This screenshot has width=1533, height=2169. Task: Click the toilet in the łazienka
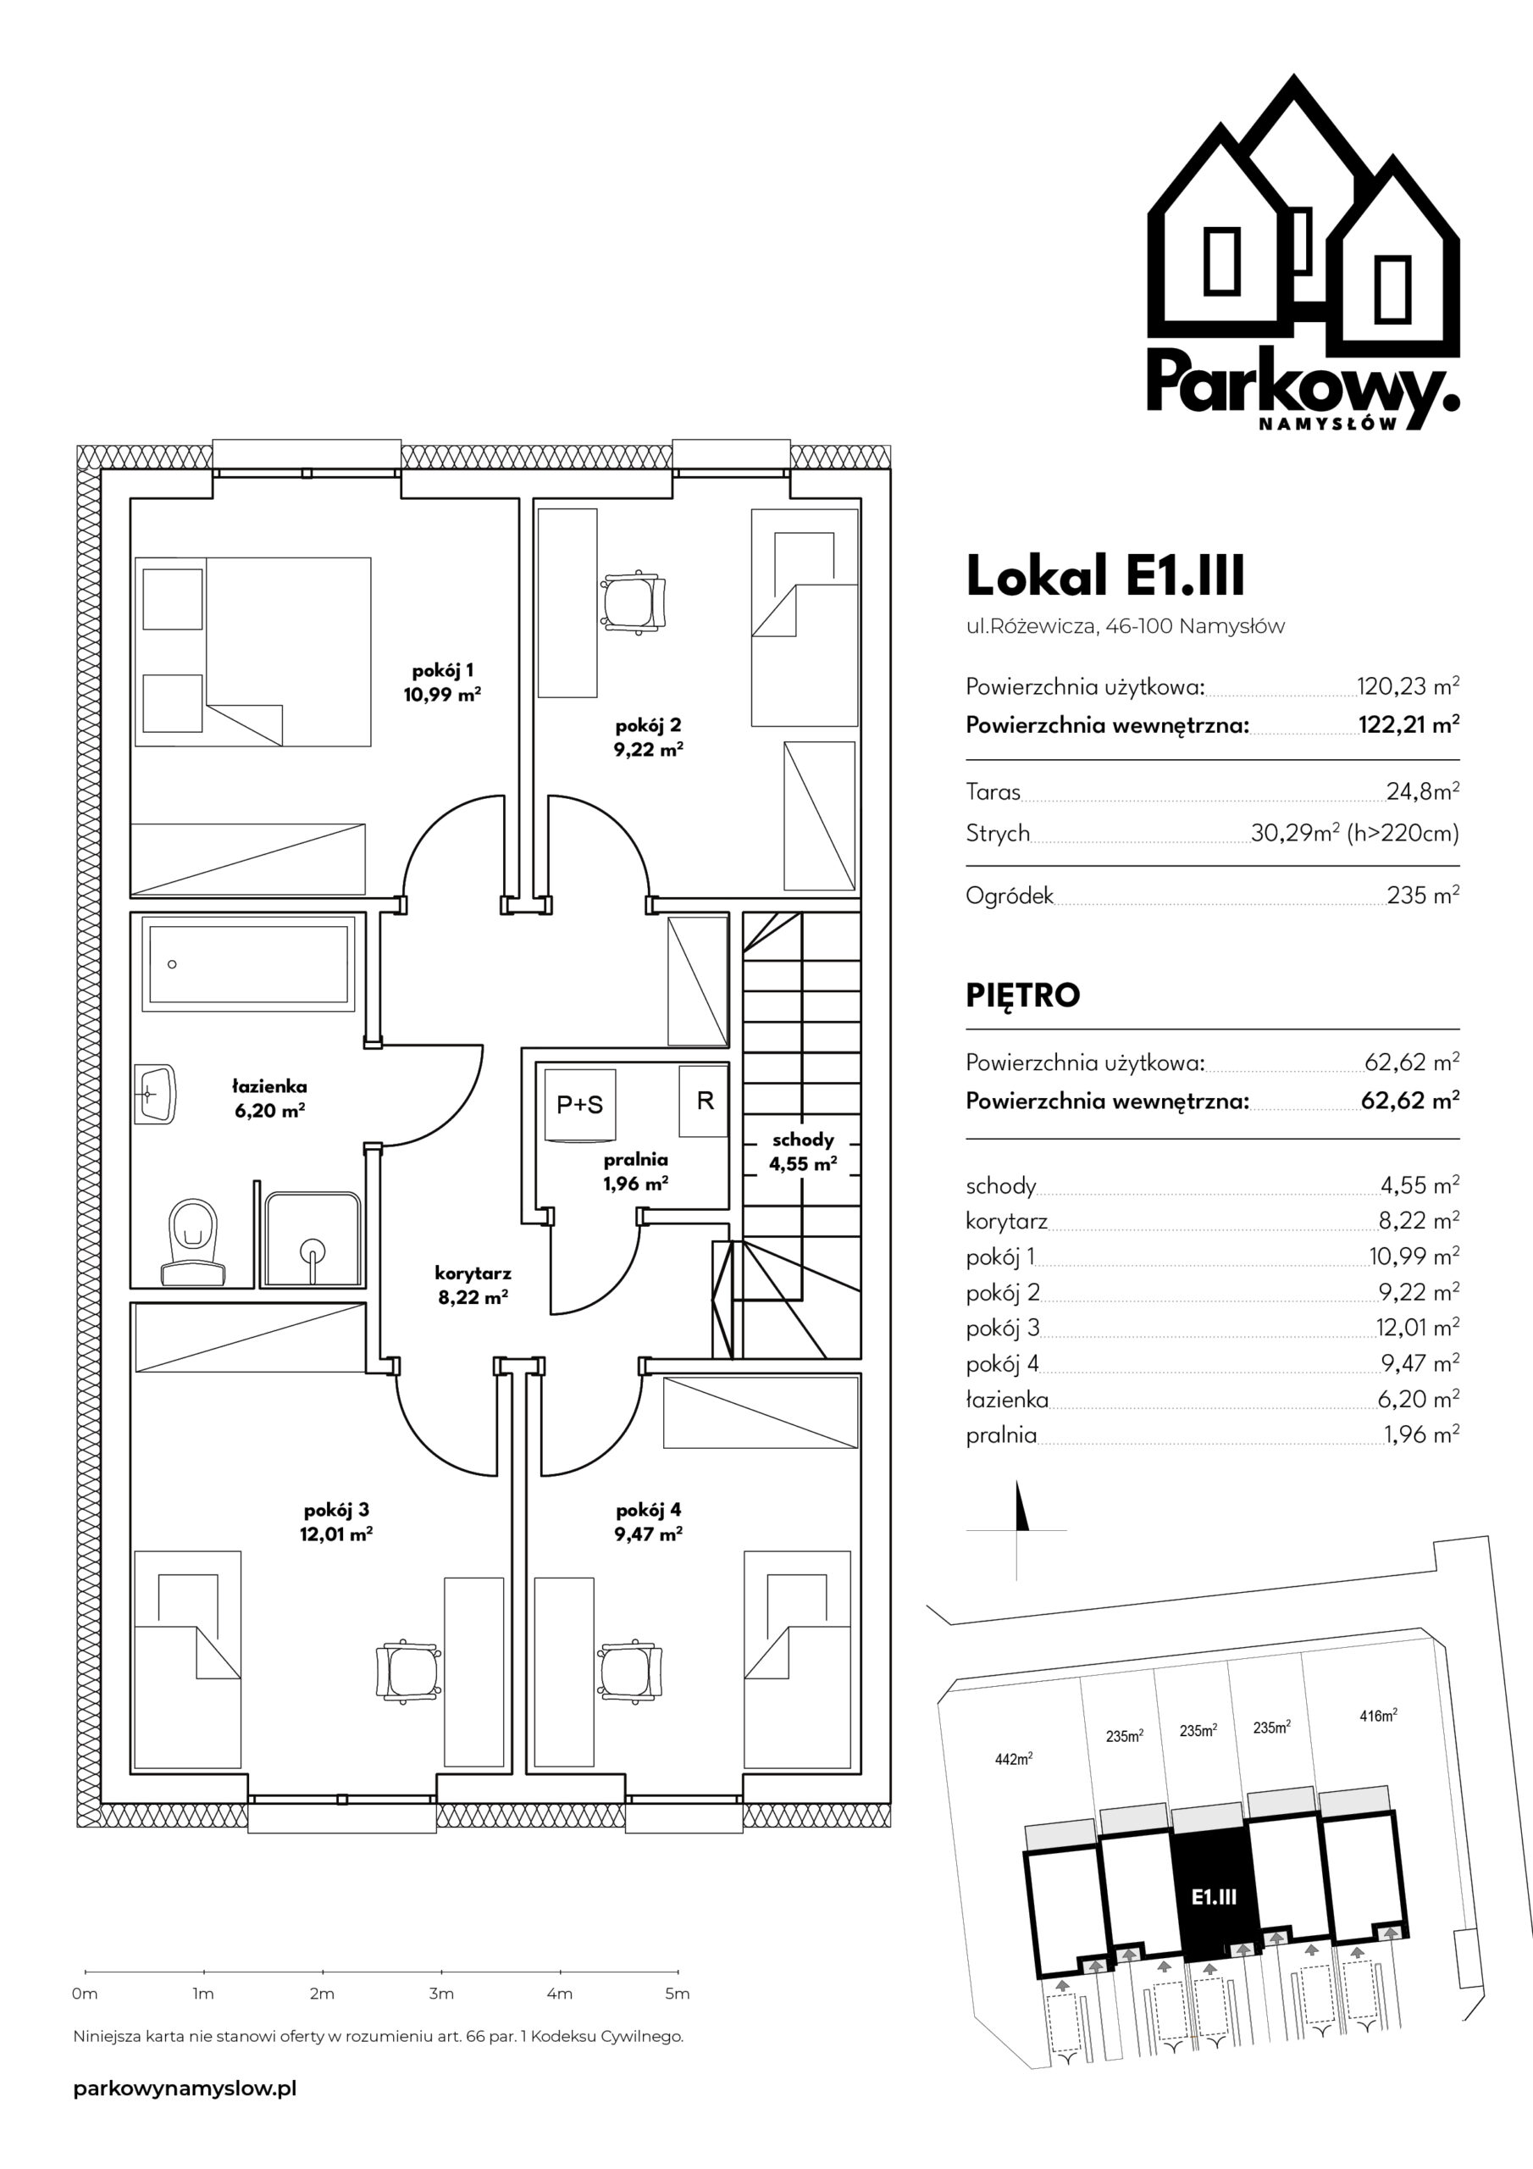pyautogui.click(x=194, y=1242)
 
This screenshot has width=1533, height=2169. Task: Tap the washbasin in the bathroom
pyautogui.click(x=155, y=1094)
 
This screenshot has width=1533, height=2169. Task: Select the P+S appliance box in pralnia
pyautogui.click(x=580, y=1104)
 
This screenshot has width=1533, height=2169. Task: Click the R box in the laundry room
pyautogui.click(x=704, y=1101)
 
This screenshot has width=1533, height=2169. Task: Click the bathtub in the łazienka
pyautogui.click(x=248, y=963)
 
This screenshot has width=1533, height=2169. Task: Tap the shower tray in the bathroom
pyautogui.click(x=313, y=1239)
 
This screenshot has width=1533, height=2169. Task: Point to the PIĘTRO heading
pyautogui.click(x=1023, y=996)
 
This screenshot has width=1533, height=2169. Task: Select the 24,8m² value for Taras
pyautogui.click(x=1423, y=791)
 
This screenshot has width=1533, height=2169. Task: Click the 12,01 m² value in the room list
pyautogui.click(x=1418, y=1329)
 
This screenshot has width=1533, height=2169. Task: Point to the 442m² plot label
pyautogui.click(x=1014, y=1758)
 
